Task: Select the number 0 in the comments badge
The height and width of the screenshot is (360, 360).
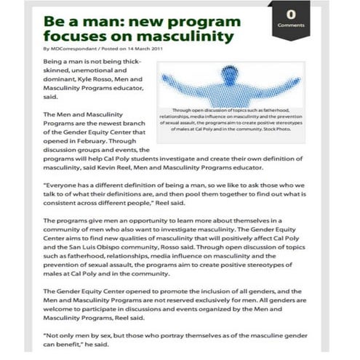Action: (x=290, y=15)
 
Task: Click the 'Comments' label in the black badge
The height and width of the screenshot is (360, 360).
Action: (x=290, y=25)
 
